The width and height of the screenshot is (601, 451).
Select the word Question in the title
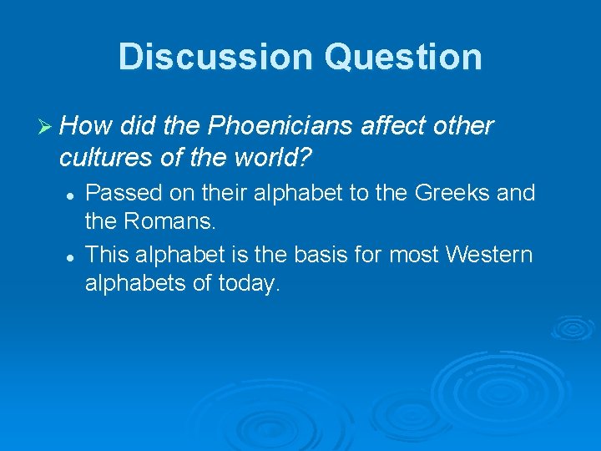[x=404, y=57]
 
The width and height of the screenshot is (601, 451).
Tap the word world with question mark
[x=281, y=156]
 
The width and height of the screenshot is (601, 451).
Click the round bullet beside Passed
[x=72, y=194]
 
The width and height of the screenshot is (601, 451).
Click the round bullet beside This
[x=72, y=255]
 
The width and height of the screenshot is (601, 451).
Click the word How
[x=88, y=126]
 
